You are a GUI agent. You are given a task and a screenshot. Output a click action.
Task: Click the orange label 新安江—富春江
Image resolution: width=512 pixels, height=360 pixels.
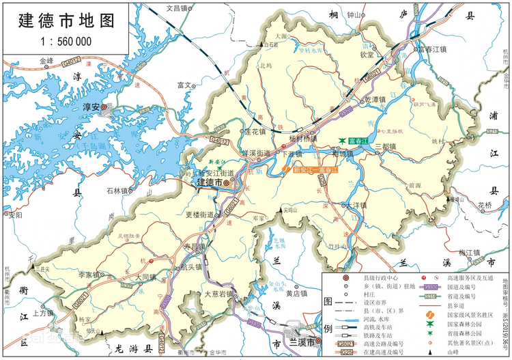coord(315,169)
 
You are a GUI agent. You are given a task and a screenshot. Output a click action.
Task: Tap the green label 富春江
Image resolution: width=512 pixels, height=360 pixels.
coord(358,141)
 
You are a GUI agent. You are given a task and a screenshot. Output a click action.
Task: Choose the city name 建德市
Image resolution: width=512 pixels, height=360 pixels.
coord(209,183)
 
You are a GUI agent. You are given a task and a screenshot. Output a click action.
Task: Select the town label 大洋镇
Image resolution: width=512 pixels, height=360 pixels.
coord(356,205)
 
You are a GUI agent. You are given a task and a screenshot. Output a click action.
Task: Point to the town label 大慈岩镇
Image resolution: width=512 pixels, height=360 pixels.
coord(219,294)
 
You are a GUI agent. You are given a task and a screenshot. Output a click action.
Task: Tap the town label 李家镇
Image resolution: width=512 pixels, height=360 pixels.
coord(89,275)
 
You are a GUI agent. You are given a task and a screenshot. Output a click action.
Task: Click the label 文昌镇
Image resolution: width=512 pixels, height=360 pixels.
coord(177,8)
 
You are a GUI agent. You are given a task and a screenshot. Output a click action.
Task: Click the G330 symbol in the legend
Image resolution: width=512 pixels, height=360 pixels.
coord(430,288)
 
